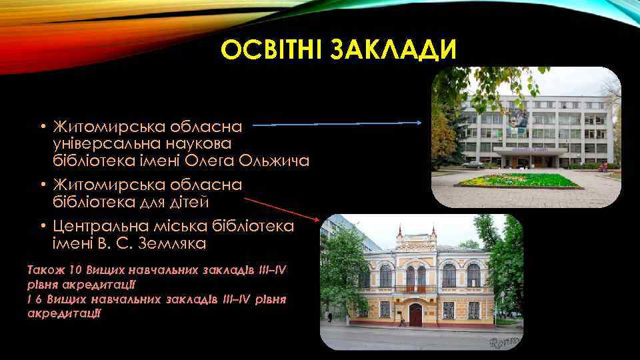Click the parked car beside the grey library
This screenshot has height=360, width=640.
coord(471,164)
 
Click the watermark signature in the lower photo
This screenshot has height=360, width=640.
coord(503,342)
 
